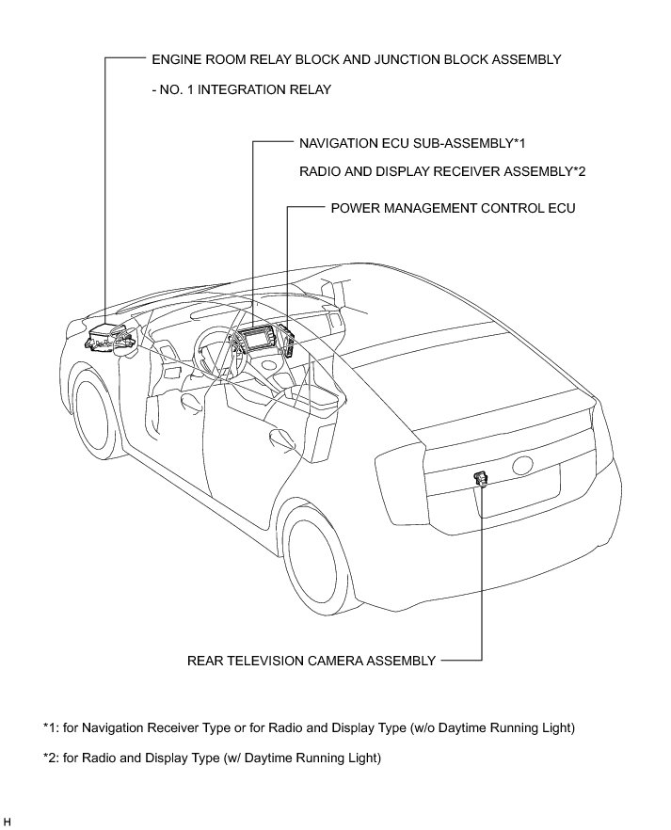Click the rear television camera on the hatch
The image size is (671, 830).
coord(481,479)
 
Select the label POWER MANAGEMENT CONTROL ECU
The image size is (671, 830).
coord(453,208)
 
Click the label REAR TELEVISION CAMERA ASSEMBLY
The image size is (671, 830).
coord(312,661)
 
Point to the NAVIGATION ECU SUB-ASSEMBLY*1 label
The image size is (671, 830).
coord(411,143)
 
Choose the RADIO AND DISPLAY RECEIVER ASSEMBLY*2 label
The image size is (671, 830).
coord(442,171)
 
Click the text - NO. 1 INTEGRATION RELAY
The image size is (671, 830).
coord(241,89)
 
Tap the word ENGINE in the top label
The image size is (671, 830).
coord(178,59)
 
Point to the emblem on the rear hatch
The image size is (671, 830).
coord(523,466)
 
